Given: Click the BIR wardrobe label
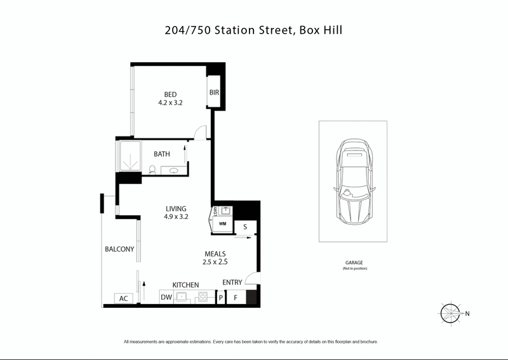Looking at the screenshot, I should [214, 93].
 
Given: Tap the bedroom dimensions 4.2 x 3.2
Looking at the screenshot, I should [170, 103].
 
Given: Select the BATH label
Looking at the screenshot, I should [162, 154].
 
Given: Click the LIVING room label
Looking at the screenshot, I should [176, 209].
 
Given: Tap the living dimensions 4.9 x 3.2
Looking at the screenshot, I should [176, 217].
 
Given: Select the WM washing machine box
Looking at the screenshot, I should [222, 224].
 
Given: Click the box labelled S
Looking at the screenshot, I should [245, 227].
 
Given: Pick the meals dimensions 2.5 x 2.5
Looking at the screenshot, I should [215, 262].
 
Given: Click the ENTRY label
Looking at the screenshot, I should [232, 283].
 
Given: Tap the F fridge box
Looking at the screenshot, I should [236, 297].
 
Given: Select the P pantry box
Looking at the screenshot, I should [221, 297].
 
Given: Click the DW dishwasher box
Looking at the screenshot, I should [166, 297].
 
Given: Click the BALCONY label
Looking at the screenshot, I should [119, 250].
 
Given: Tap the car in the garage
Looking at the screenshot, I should [352, 181].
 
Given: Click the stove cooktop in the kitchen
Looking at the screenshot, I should [204, 297].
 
